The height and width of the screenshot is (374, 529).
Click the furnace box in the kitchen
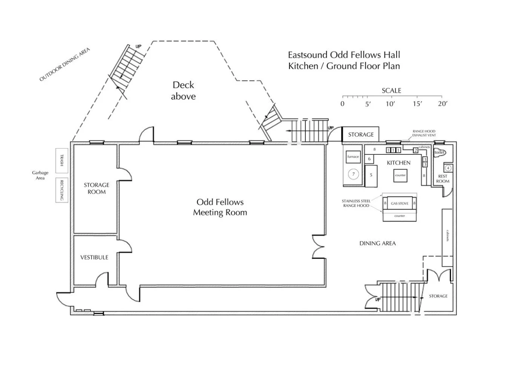353,157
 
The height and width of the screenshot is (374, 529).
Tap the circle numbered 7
353,174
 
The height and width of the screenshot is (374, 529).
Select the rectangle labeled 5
371,175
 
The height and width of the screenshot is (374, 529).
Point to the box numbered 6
370,159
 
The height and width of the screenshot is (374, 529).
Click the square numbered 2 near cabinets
416,151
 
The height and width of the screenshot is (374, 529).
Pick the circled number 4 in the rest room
448,168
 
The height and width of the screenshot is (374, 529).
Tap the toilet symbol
439,153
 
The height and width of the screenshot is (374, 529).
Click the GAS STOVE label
400,203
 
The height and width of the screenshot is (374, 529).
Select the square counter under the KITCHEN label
400,175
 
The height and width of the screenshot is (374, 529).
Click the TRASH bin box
62,160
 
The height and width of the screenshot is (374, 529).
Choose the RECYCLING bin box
62,190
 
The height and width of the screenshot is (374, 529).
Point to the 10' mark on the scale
390,104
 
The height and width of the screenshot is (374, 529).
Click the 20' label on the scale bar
442,104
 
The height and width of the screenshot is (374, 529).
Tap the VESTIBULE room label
94,257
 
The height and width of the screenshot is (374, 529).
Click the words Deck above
184,91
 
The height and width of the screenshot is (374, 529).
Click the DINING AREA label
377,243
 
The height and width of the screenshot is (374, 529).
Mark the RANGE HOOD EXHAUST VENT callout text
424,133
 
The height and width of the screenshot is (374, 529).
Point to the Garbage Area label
40,175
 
